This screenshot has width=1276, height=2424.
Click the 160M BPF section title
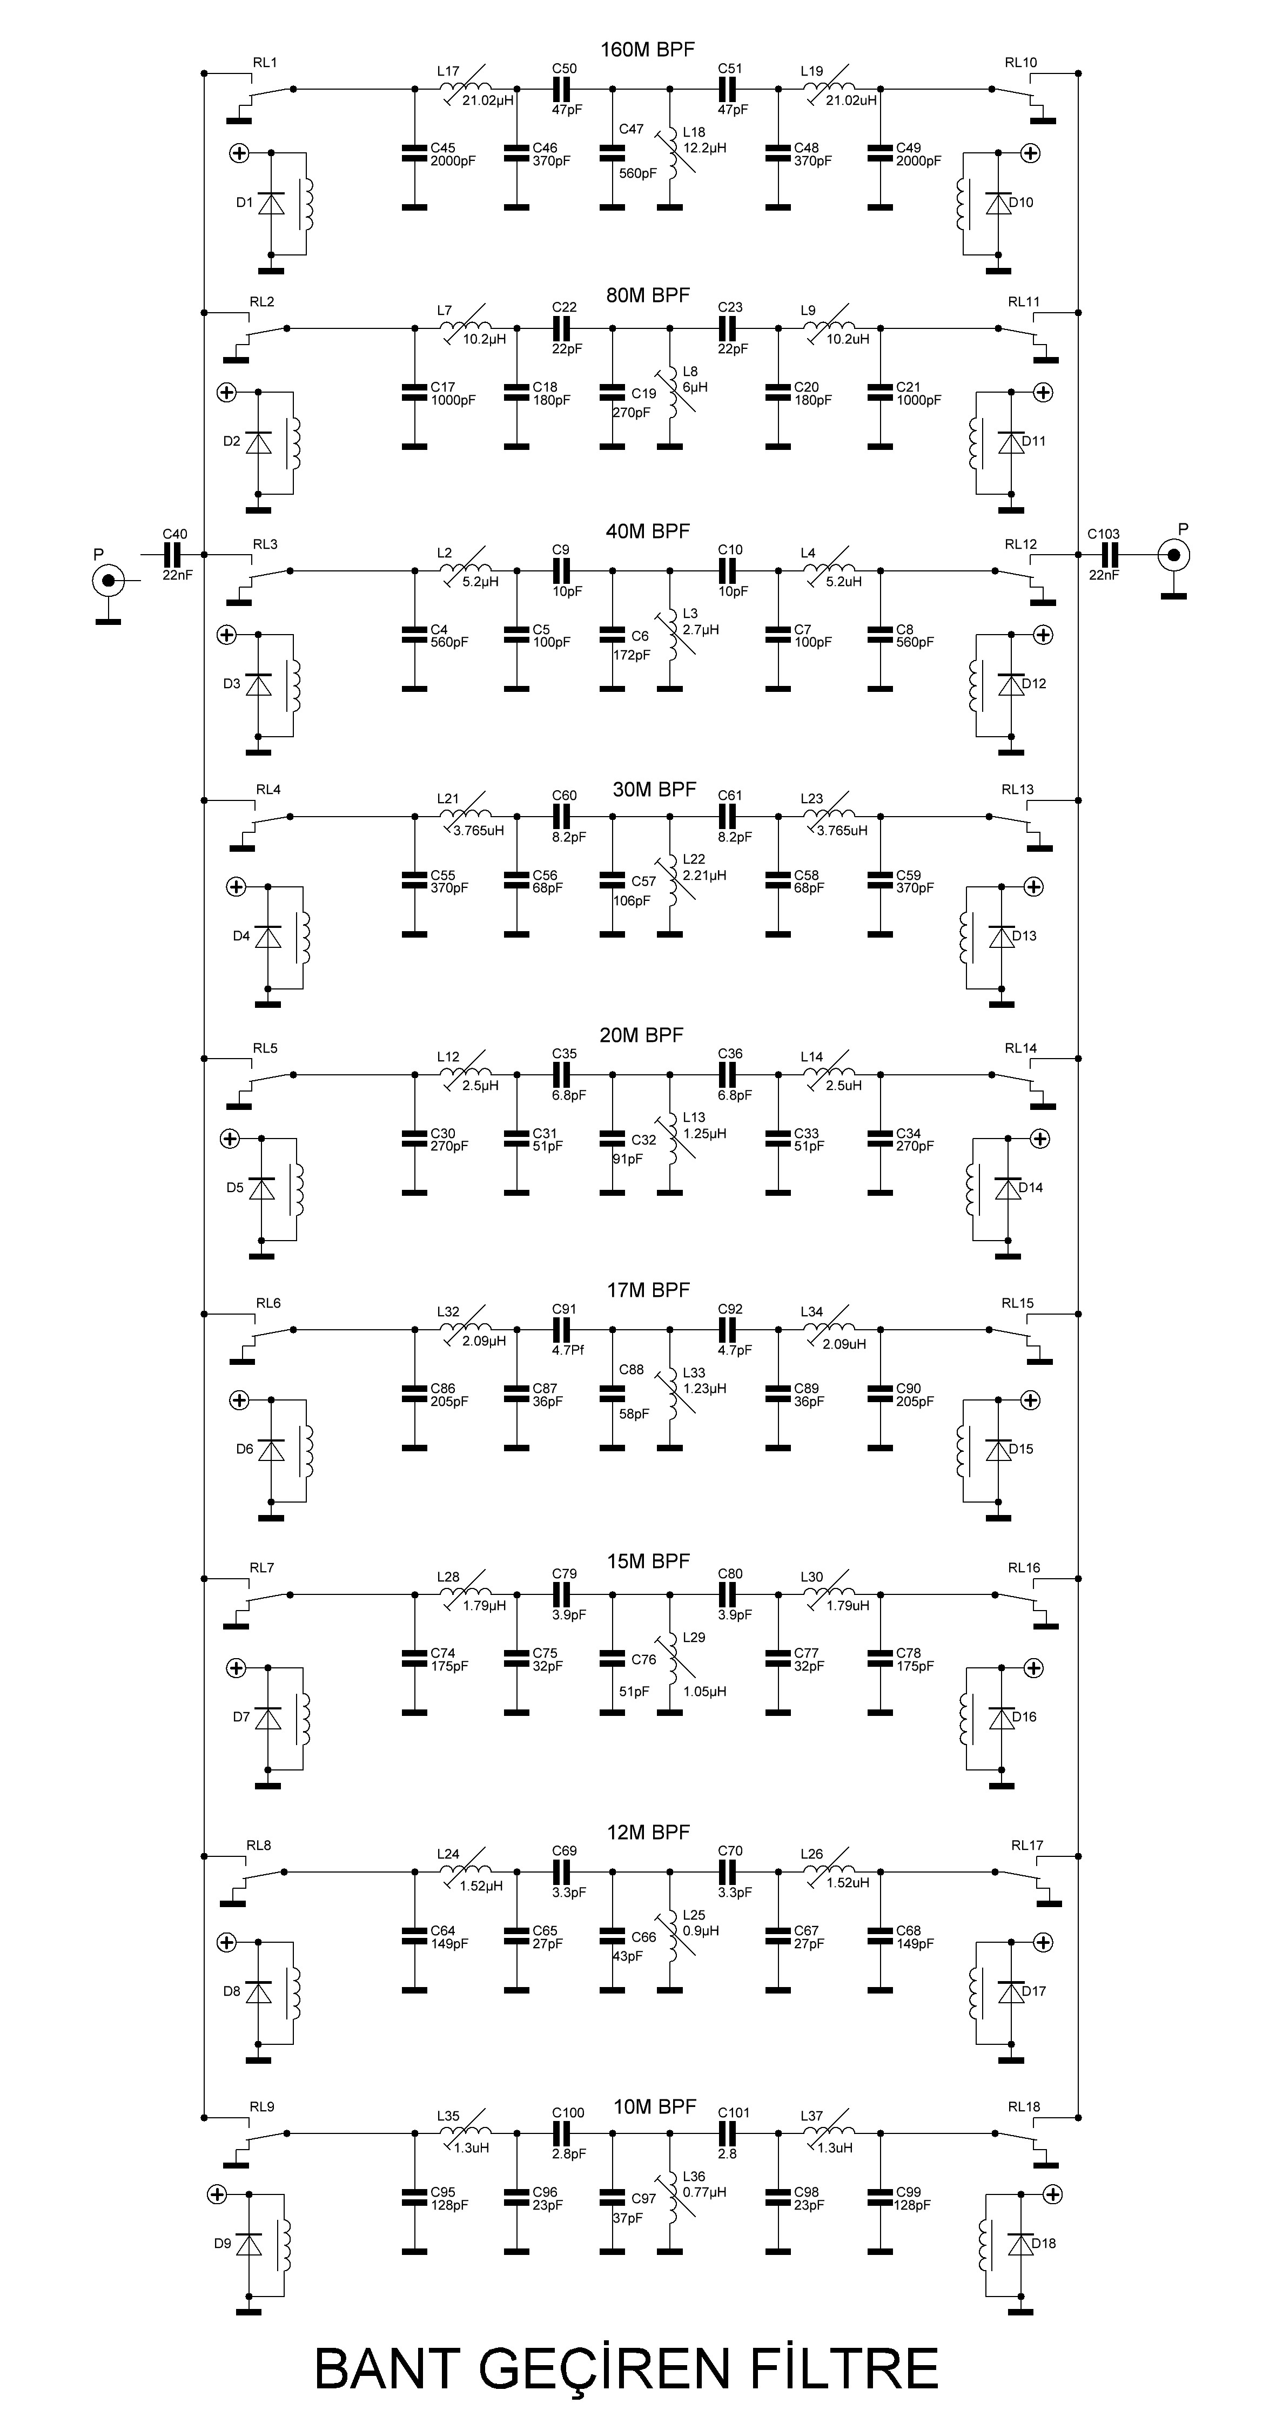pyautogui.click(x=647, y=50)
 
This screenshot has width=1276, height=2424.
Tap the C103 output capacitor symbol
pyautogui.click(x=1110, y=554)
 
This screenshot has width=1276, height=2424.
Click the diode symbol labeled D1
pyautogui.click(x=271, y=203)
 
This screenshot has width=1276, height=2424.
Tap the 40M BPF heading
pyautogui.click(x=647, y=531)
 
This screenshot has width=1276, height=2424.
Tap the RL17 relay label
pyautogui.click(x=1027, y=1846)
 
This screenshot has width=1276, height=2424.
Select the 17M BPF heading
pyautogui.click(x=648, y=1291)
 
